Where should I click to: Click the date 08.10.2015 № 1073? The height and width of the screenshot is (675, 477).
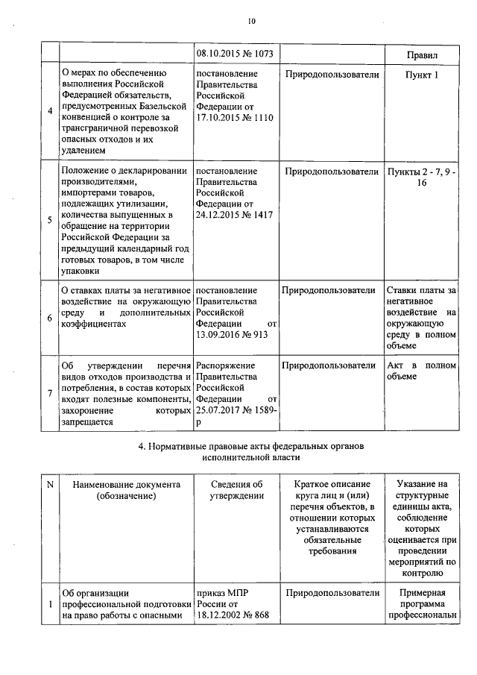tap(235, 54)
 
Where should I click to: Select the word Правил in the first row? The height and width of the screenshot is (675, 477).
tap(422, 56)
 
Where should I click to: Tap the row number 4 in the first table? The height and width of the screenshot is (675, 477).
tap(49, 111)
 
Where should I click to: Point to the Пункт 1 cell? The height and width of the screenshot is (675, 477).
tap(422, 75)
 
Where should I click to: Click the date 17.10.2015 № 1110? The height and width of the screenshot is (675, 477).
tap(235, 119)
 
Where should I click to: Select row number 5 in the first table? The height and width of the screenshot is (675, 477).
tap(49, 220)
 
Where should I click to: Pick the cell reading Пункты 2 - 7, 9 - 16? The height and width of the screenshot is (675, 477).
tap(422, 178)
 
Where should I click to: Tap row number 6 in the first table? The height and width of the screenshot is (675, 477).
tap(49, 318)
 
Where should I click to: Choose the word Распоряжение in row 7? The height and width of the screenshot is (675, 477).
tap(226, 366)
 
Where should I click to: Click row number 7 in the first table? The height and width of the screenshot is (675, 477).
tap(49, 394)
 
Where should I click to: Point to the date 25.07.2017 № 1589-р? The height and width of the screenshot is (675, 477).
tap(236, 416)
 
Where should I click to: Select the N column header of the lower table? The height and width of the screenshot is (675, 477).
tap(51, 485)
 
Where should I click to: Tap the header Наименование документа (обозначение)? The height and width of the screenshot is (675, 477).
tap(127, 491)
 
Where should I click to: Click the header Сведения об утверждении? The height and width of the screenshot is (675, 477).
tap(237, 491)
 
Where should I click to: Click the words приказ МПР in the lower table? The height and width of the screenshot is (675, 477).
tap(221, 593)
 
